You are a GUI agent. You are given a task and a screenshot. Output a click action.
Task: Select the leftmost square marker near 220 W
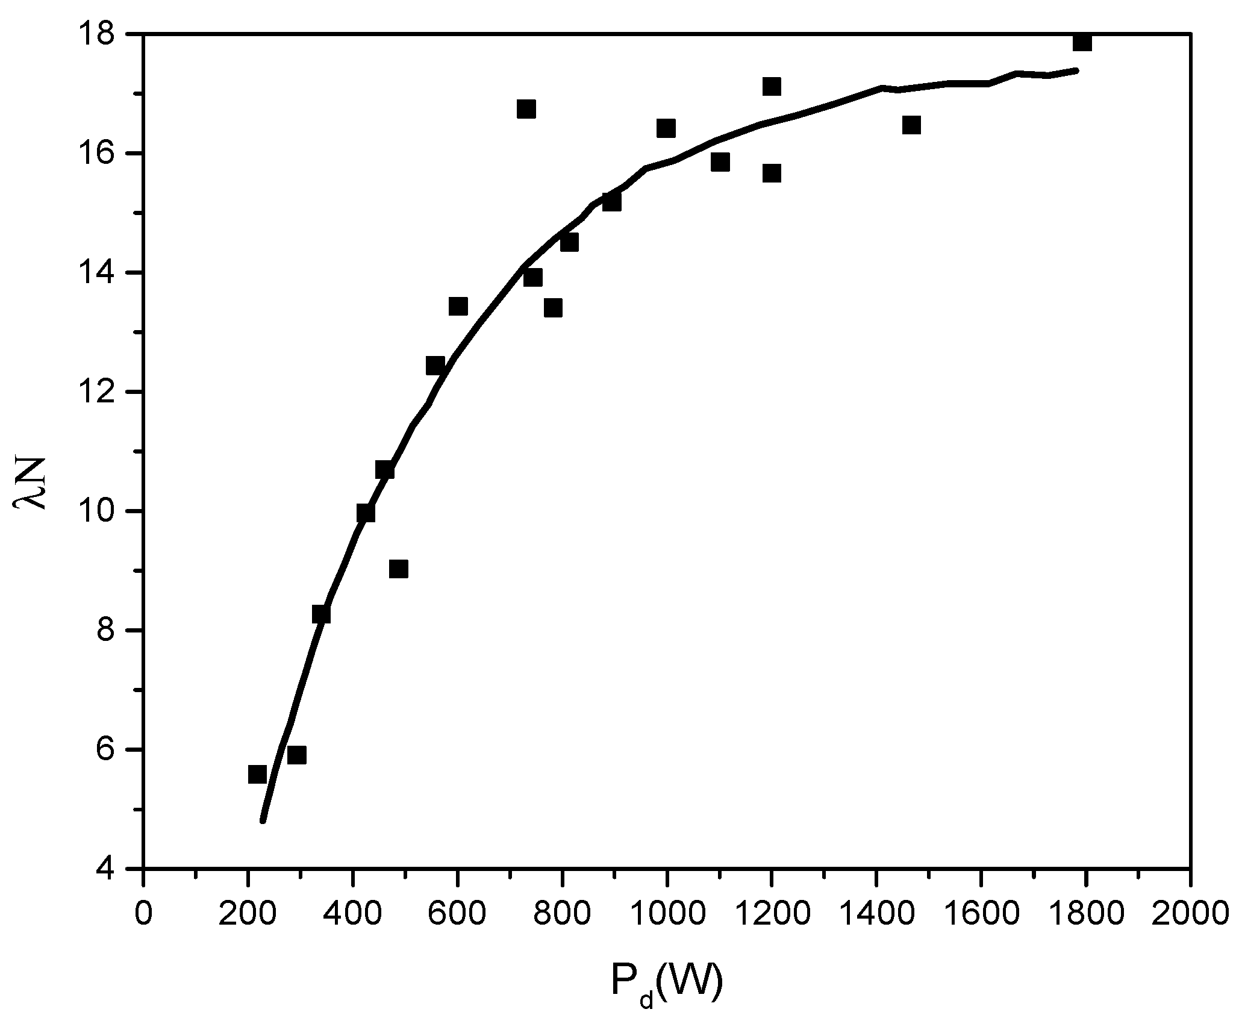tap(257, 774)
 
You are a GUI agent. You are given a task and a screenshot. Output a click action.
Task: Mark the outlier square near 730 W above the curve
tap(526, 109)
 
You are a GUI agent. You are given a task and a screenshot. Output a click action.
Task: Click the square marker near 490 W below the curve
tap(399, 569)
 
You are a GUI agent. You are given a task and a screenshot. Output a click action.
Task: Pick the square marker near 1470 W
tap(911, 125)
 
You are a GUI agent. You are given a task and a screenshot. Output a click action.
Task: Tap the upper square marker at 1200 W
tap(772, 86)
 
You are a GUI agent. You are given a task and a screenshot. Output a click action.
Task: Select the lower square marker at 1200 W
tap(772, 173)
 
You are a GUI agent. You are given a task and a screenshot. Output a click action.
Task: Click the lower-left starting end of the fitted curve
tap(263, 820)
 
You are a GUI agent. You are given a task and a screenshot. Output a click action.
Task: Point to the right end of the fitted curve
tap(1076, 70)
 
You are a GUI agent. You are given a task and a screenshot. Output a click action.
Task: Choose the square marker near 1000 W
tap(666, 128)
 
